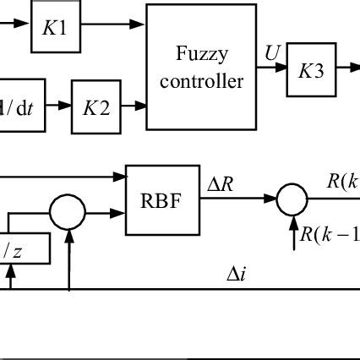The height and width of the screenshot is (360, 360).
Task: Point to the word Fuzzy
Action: [x=201, y=55]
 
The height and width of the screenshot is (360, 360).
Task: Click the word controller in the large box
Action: [x=201, y=81]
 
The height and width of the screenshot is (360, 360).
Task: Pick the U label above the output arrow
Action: [x=271, y=54]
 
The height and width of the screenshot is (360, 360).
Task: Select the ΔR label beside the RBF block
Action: [x=223, y=183]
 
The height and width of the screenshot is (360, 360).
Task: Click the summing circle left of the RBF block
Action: [x=68, y=210]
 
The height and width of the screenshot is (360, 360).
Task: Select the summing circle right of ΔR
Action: [x=292, y=199]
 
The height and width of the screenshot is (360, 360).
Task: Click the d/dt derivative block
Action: [x=19, y=106]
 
